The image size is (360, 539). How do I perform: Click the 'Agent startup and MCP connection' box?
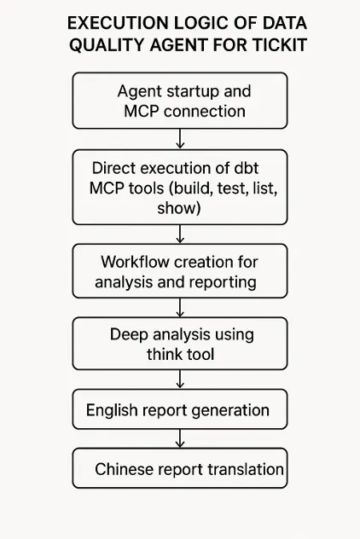(x=180, y=101)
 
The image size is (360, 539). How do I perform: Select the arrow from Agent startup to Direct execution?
(x=180, y=139)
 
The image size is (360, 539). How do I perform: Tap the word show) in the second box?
(x=179, y=207)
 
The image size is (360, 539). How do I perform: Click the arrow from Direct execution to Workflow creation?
(x=180, y=233)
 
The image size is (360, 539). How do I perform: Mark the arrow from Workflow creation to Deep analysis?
(x=180, y=307)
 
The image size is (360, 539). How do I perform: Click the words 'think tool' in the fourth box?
(x=180, y=353)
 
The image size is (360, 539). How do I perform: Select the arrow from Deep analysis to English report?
(x=180, y=380)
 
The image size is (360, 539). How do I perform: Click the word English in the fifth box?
(x=113, y=410)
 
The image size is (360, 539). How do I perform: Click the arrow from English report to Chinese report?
(x=180, y=438)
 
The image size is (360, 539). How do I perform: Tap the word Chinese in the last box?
(x=124, y=469)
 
